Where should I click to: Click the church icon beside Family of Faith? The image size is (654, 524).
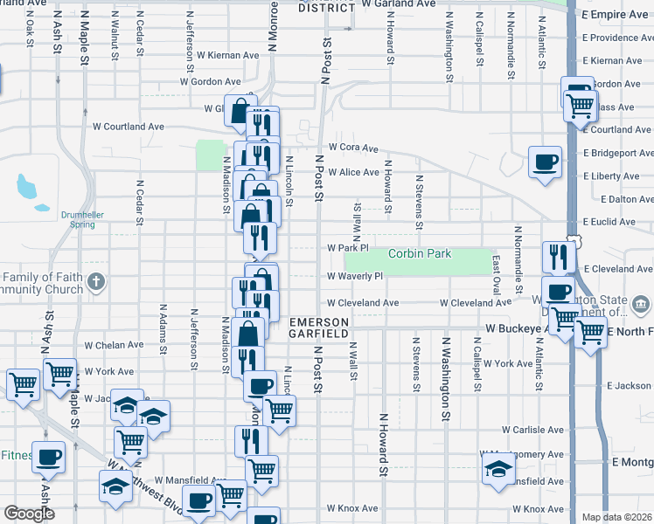tap(97, 281)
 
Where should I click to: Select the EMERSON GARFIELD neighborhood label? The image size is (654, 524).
tap(320, 327)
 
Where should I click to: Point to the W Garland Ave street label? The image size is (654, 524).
tap(399, 4)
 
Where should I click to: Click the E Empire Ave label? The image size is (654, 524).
tap(616, 15)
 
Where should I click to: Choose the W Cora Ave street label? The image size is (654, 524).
tap(353, 148)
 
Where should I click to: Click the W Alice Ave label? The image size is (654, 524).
tap(353, 173)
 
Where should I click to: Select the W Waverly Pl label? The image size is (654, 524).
tap(355, 276)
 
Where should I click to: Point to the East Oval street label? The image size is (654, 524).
tap(497, 274)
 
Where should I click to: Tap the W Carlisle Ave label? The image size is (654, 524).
tap(533, 430)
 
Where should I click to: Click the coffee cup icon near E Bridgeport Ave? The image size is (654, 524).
tap(546, 162)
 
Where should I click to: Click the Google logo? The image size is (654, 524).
tap(29, 514)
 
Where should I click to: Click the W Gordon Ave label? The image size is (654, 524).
tap(210, 81)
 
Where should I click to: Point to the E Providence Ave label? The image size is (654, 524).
tap(616, 38)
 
